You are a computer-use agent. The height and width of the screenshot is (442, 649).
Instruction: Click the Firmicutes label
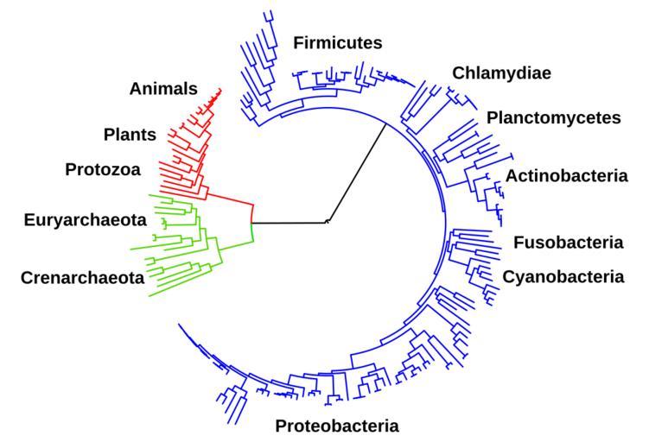[338, 42]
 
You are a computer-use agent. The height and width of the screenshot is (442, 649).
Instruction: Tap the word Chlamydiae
[501, 73]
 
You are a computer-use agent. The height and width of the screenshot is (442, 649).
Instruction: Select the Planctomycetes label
[553, 117]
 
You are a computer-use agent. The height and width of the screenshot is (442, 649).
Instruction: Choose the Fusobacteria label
[568, 243]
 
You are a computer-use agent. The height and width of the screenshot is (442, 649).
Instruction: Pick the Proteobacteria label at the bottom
[337, 426]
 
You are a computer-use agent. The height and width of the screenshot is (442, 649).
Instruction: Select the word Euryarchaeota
[85, 220]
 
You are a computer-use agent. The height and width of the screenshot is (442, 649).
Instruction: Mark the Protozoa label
[103, 169]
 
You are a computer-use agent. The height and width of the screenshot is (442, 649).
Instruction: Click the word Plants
[130, 135]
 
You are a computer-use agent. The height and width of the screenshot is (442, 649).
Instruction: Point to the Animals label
[163, 88]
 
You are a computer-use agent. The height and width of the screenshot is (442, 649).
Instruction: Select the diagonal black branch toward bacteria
[356, 173]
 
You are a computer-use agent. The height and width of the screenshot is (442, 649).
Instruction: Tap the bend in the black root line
[328, 222]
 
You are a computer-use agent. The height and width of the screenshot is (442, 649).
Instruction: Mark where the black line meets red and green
[251, 223]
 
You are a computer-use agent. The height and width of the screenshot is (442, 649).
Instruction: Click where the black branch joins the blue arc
[385, 123]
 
